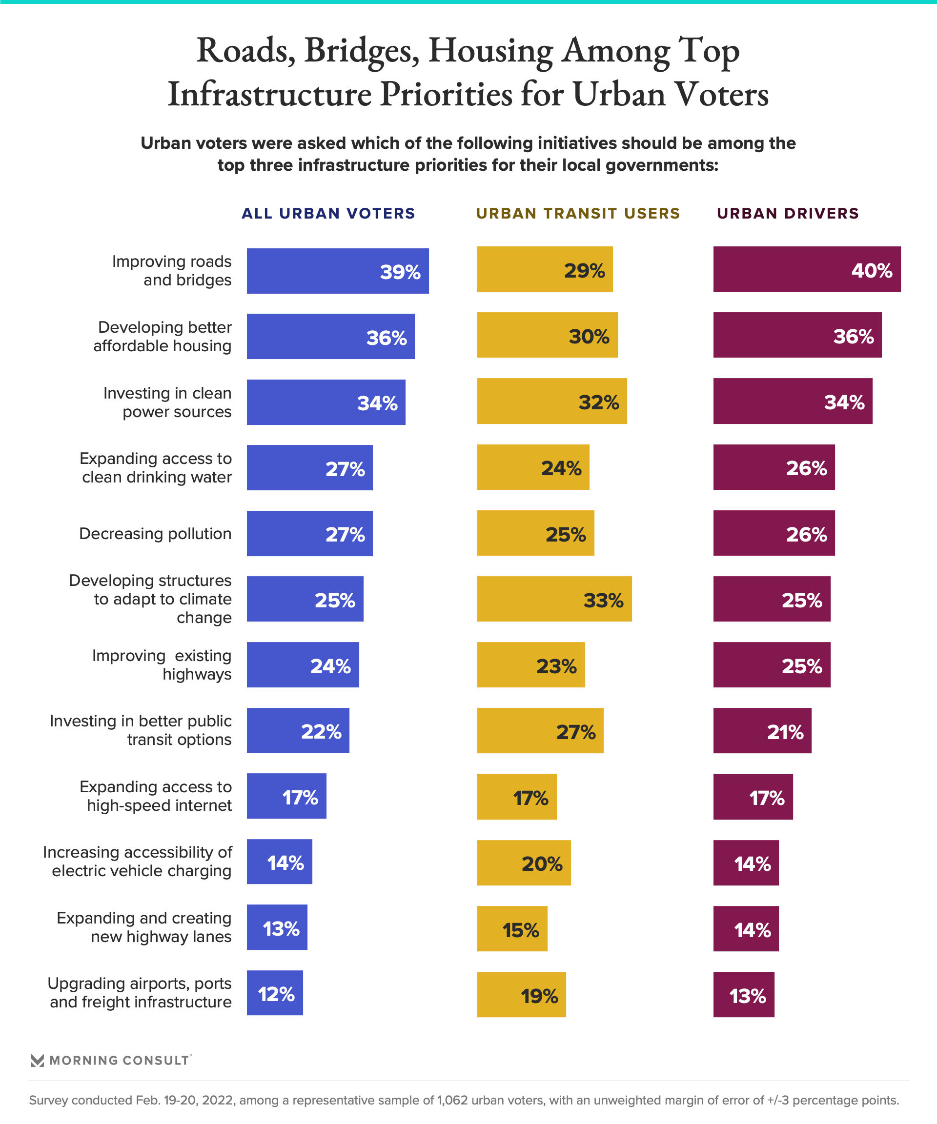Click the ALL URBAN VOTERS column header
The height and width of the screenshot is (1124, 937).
point(328,214)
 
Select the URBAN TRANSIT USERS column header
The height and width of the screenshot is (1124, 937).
point(578,214)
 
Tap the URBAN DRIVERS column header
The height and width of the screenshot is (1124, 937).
point(788,214)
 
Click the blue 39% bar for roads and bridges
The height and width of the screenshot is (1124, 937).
point(337,271)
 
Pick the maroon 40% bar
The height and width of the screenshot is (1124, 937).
point(806,269)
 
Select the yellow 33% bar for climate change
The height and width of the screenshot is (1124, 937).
point(554,599)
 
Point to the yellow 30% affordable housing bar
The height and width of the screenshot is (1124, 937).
point(547,335)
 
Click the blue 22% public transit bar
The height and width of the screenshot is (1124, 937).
point(298,731)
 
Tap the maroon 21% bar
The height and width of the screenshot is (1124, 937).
point(762,731)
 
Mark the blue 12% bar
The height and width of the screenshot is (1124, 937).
point(275,993)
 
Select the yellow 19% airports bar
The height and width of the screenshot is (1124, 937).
point(522,994)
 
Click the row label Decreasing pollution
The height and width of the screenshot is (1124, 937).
point(155,534)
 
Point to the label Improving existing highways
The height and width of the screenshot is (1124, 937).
point(162,665)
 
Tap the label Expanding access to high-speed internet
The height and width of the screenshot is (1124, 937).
point(156,796)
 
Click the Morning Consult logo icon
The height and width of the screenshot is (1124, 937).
point(38,1060)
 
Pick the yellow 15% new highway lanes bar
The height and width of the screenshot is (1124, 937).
point(512,929)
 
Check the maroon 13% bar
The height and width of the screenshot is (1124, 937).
point(743,994)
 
